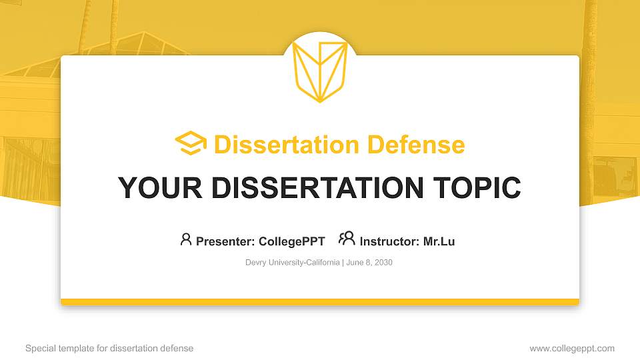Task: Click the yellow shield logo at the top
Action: (x=319, y=72)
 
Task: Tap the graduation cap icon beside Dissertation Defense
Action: (x=191, y=143)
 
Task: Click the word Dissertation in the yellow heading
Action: (x=287, y=145)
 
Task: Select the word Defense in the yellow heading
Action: (x=416, y=145)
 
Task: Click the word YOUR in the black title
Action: (x=160, y=188)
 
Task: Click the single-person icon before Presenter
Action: (x=186, y=239)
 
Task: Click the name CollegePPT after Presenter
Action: (x=292, y=241)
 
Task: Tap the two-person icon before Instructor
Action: (x=347, y=239)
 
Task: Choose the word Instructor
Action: (x=389, y=241)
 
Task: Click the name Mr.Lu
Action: (x=439, y=241)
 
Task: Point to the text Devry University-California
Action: (x=292, y=263)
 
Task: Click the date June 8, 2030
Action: (x=369, y=263)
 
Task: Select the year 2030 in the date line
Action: (x=384, y=263)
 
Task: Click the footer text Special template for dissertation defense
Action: (x=109, y=348)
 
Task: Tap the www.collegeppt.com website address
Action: (x=572, y=349)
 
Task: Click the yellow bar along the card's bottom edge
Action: (x=320, y=302)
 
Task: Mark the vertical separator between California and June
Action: (x=343, y=263)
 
